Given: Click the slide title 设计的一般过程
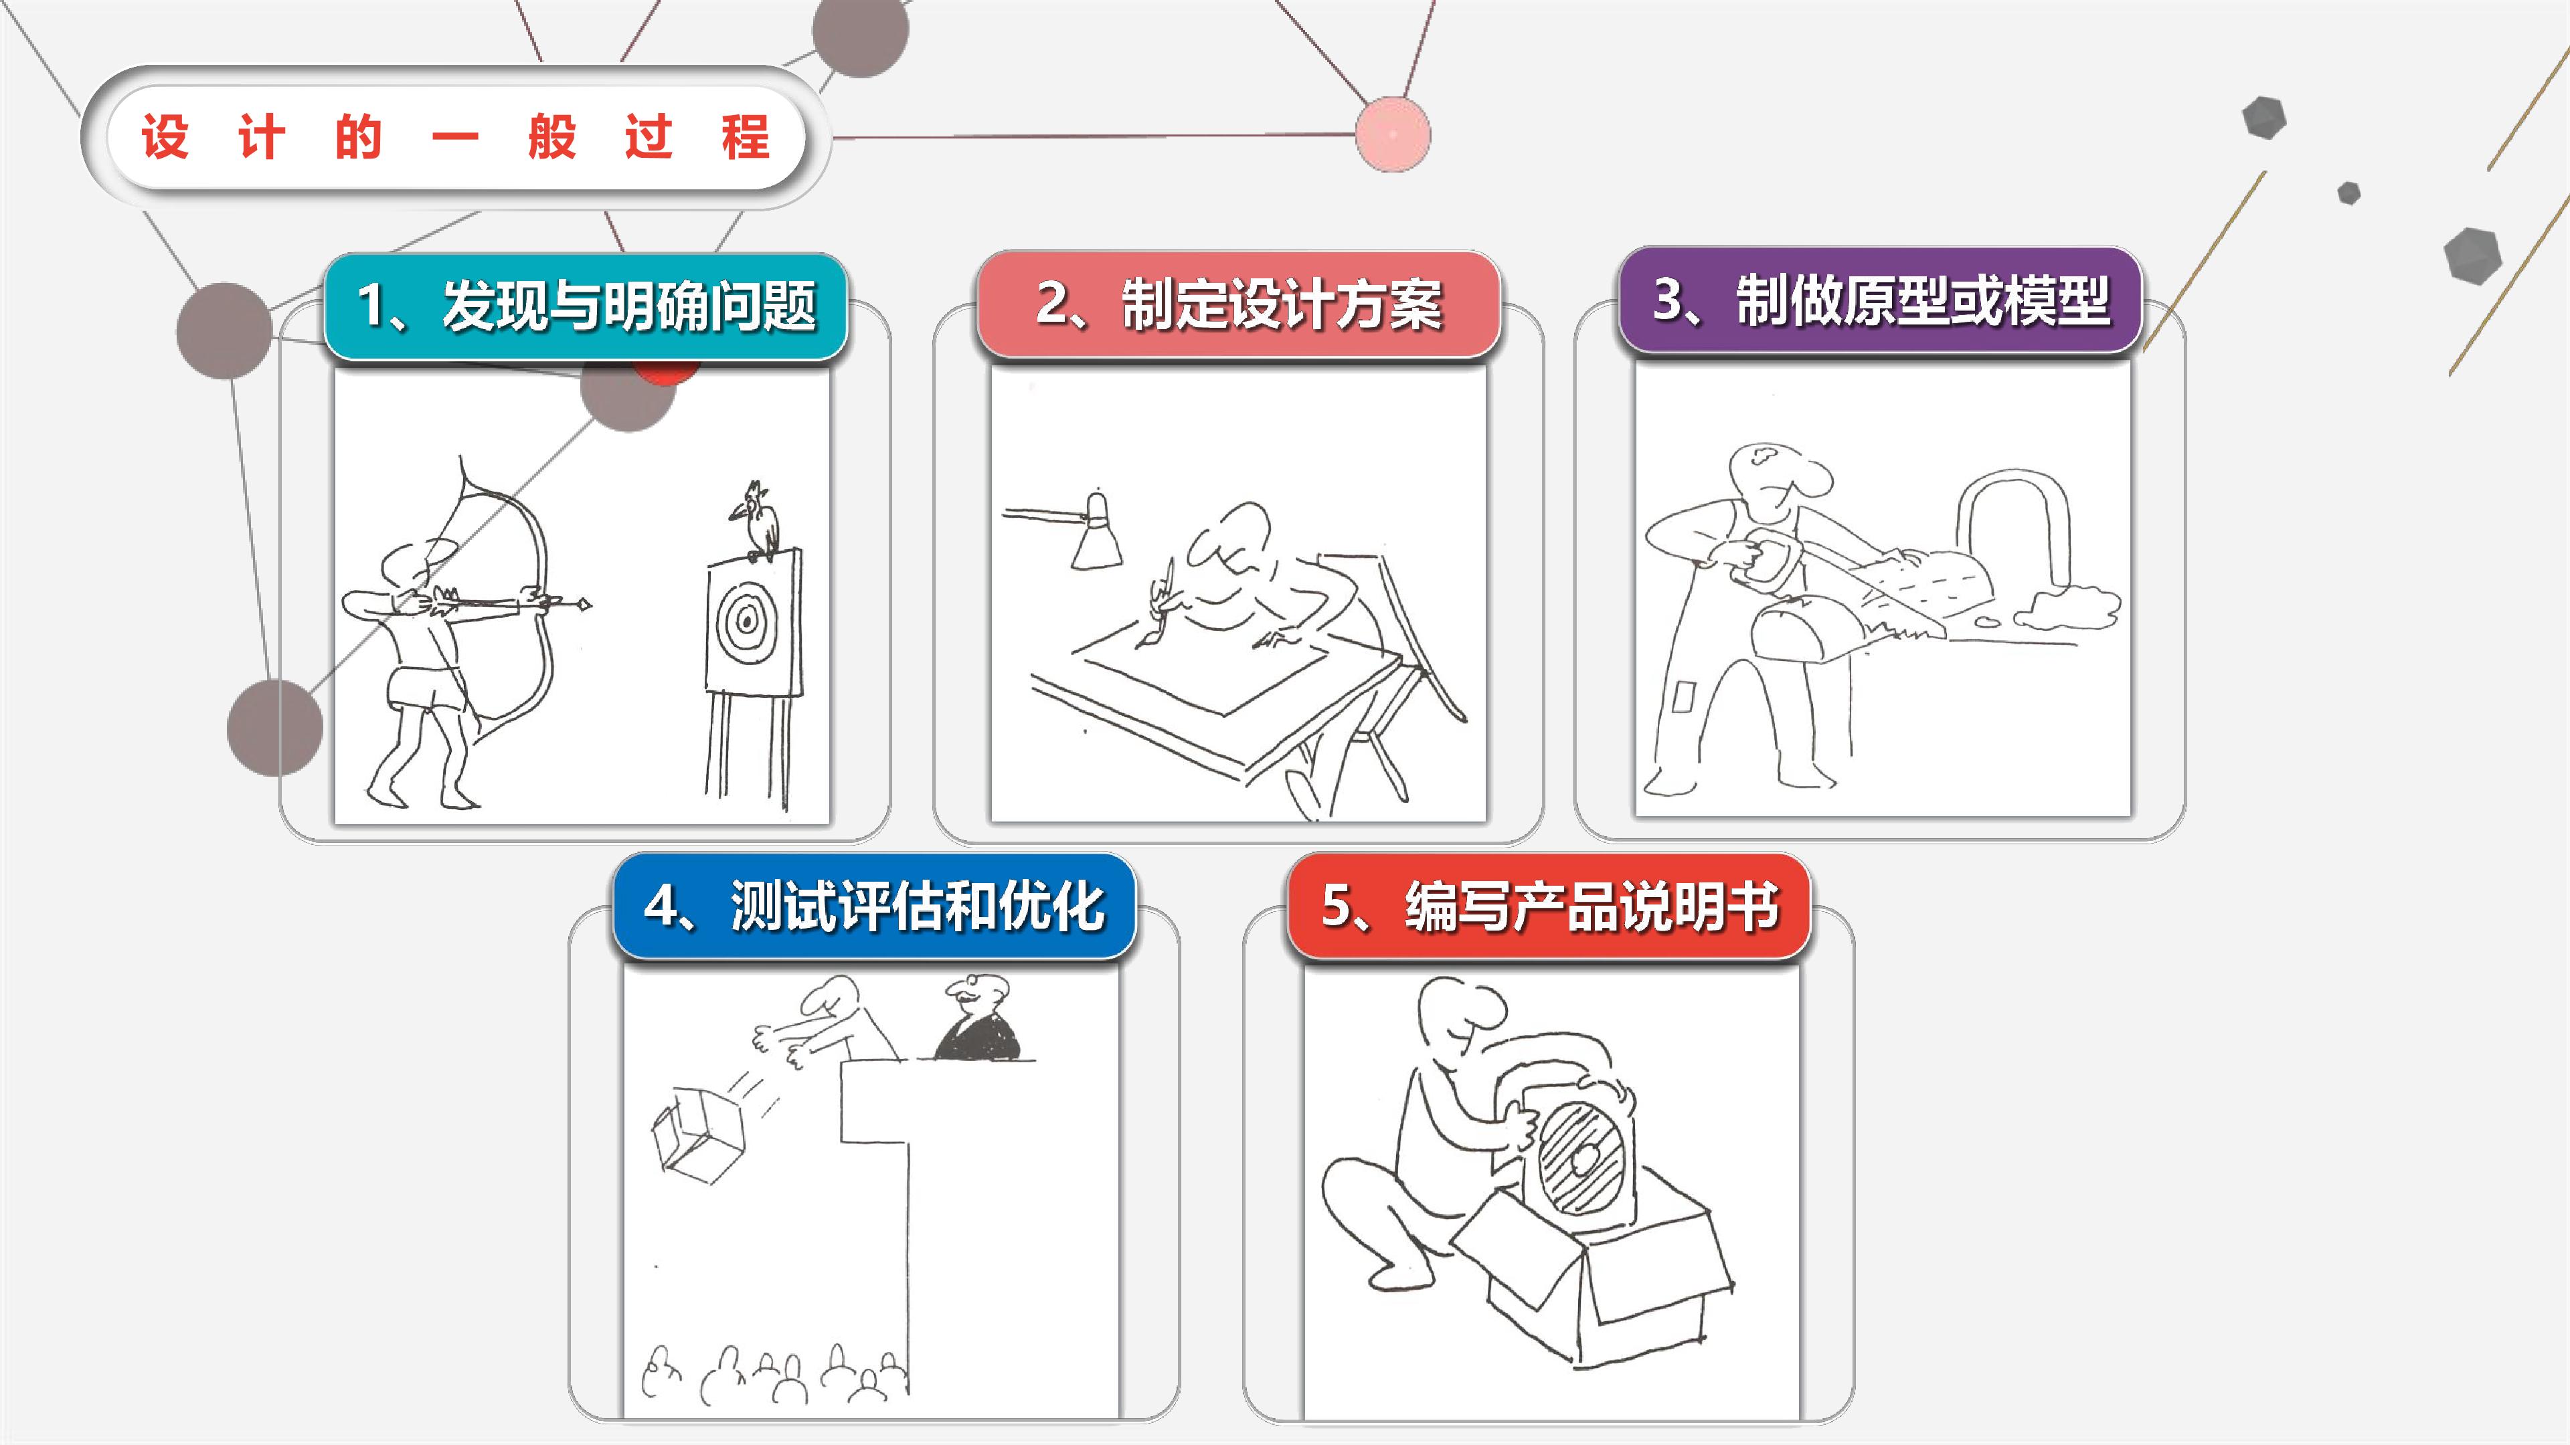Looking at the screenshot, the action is [x=455, y=136].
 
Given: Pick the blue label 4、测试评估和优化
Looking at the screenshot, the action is [x=874, y=906].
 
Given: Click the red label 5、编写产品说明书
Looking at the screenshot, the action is [x=1549, y=906].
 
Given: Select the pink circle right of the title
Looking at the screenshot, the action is [x=1393, y=134].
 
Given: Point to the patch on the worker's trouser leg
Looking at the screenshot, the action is [x=1683, y=695].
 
